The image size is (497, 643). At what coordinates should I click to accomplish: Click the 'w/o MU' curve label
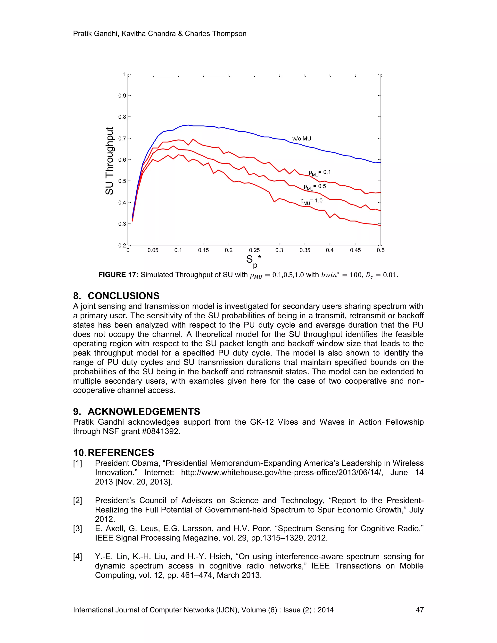(301, 139)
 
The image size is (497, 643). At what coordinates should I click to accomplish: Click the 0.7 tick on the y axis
(122, 138)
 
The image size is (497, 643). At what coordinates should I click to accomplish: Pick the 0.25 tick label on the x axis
(254, 250)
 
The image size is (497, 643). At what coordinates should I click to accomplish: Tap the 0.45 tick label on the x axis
(355, 250)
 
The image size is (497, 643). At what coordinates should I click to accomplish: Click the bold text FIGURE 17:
(118, 275)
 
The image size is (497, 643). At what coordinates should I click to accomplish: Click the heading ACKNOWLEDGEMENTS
(144, 412)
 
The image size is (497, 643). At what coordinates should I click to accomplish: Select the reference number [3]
(77, 529)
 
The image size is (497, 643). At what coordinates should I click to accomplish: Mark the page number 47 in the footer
(419, 610)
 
